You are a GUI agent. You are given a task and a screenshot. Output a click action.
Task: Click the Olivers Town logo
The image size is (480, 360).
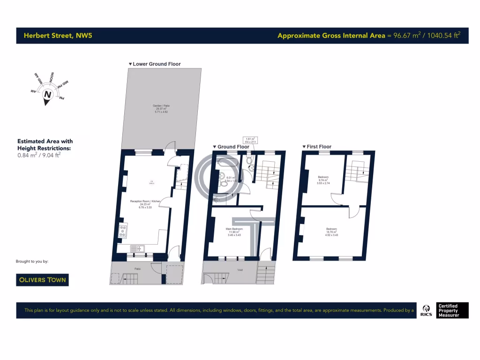coord(42,280)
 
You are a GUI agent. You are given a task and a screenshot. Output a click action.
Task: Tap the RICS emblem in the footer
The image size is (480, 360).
coord(427,310)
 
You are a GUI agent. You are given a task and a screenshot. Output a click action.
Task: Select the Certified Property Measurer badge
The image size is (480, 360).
coord(448,310)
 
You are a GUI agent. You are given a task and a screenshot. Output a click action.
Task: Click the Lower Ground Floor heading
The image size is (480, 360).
coord(157,64)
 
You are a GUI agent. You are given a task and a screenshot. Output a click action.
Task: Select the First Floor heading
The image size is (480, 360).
coord(319,147)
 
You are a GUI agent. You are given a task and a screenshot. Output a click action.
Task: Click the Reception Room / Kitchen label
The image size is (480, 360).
coord(145,201)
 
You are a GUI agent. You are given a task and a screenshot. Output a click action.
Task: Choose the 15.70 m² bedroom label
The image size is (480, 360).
coord(331,229)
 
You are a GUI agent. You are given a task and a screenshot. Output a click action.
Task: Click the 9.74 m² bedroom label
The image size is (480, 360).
coord(323,177)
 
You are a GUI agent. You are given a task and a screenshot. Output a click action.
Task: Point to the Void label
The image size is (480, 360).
coord(240,270)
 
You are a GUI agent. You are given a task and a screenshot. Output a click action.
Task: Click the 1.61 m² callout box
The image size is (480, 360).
coord(251,140)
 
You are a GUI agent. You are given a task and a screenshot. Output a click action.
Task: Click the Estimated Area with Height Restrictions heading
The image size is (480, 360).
coord(45,144)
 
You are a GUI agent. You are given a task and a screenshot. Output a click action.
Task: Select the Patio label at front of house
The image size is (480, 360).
coord(138,269)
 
